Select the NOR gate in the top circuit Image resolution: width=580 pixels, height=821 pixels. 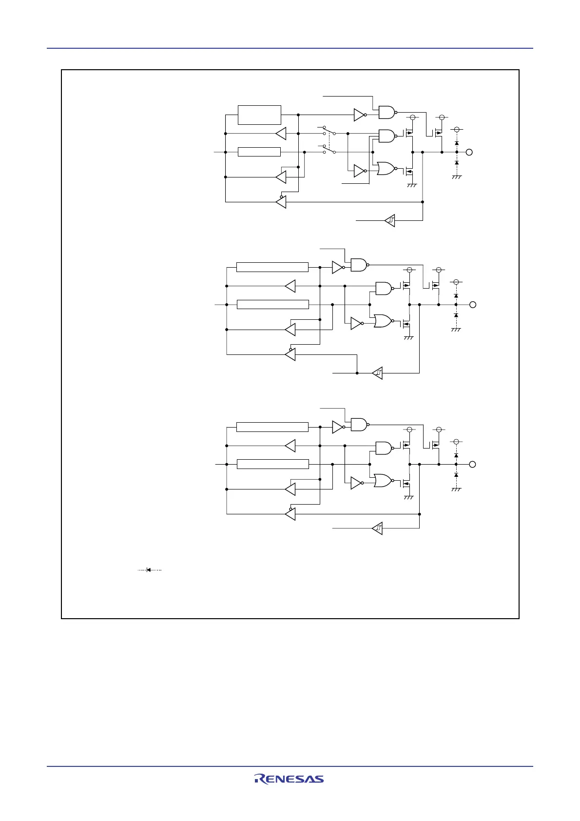386,169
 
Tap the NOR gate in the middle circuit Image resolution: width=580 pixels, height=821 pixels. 383,321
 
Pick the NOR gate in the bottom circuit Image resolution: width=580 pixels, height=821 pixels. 383,481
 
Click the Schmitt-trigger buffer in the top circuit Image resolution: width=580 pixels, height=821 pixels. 390,221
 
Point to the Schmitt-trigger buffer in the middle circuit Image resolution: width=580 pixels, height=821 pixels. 377,373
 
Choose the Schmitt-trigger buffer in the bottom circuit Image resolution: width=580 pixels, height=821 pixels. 377,528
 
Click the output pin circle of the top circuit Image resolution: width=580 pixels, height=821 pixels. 469,152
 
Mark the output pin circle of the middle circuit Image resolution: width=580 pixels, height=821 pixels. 472,305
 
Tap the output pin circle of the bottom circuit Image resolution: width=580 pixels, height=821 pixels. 472,464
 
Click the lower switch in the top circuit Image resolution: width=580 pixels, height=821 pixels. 329,150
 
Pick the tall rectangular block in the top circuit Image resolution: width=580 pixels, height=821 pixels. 259,115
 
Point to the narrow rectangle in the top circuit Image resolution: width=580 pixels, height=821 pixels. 259,152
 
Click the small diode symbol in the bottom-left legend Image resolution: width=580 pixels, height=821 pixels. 149,569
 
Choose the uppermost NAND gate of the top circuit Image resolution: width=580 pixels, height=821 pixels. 387,112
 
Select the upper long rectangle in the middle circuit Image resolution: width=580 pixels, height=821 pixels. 272,267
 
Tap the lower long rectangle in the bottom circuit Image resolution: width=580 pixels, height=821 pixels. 272,464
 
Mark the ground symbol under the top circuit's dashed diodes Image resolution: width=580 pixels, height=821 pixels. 457,177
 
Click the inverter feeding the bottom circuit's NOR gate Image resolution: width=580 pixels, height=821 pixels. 357,483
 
